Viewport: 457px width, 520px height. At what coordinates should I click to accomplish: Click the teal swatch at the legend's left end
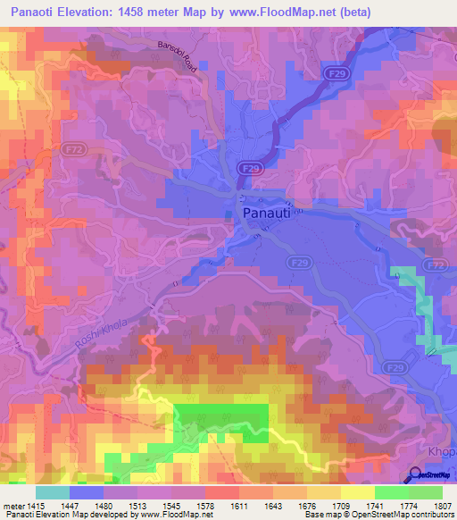52,492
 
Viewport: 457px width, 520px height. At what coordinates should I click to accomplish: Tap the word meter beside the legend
13,506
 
